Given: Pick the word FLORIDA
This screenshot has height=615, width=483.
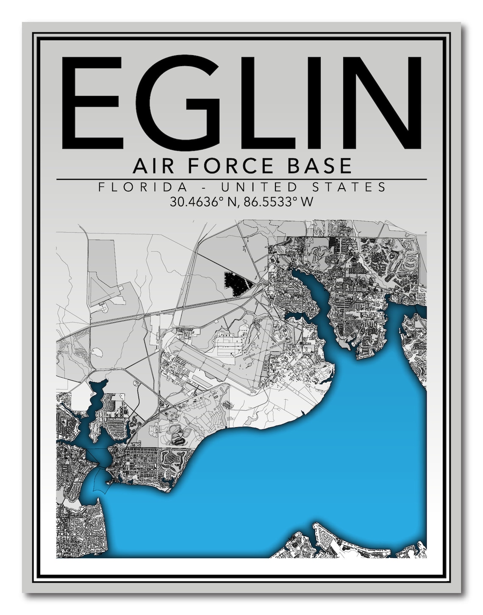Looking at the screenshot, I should tap(143, 187).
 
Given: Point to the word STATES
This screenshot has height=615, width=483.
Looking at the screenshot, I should tap(350, 187).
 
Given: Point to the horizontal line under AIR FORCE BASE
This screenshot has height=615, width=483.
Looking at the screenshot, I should tap(241, 179).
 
